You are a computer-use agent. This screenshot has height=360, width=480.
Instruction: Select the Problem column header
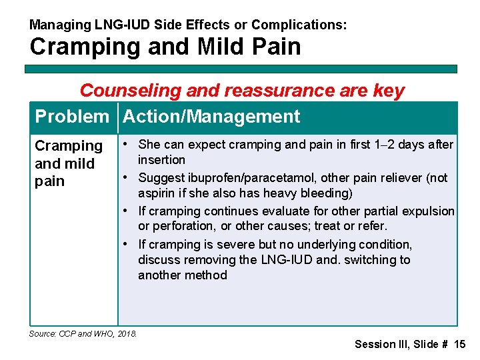point(71,117)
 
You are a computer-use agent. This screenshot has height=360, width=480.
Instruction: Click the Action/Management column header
point(212,117)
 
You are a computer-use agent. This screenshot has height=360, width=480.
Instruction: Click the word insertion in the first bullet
point(161,160)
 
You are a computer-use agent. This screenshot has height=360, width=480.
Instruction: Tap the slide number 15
point(459,345)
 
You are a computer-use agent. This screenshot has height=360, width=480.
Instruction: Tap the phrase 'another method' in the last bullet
point(182,275)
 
